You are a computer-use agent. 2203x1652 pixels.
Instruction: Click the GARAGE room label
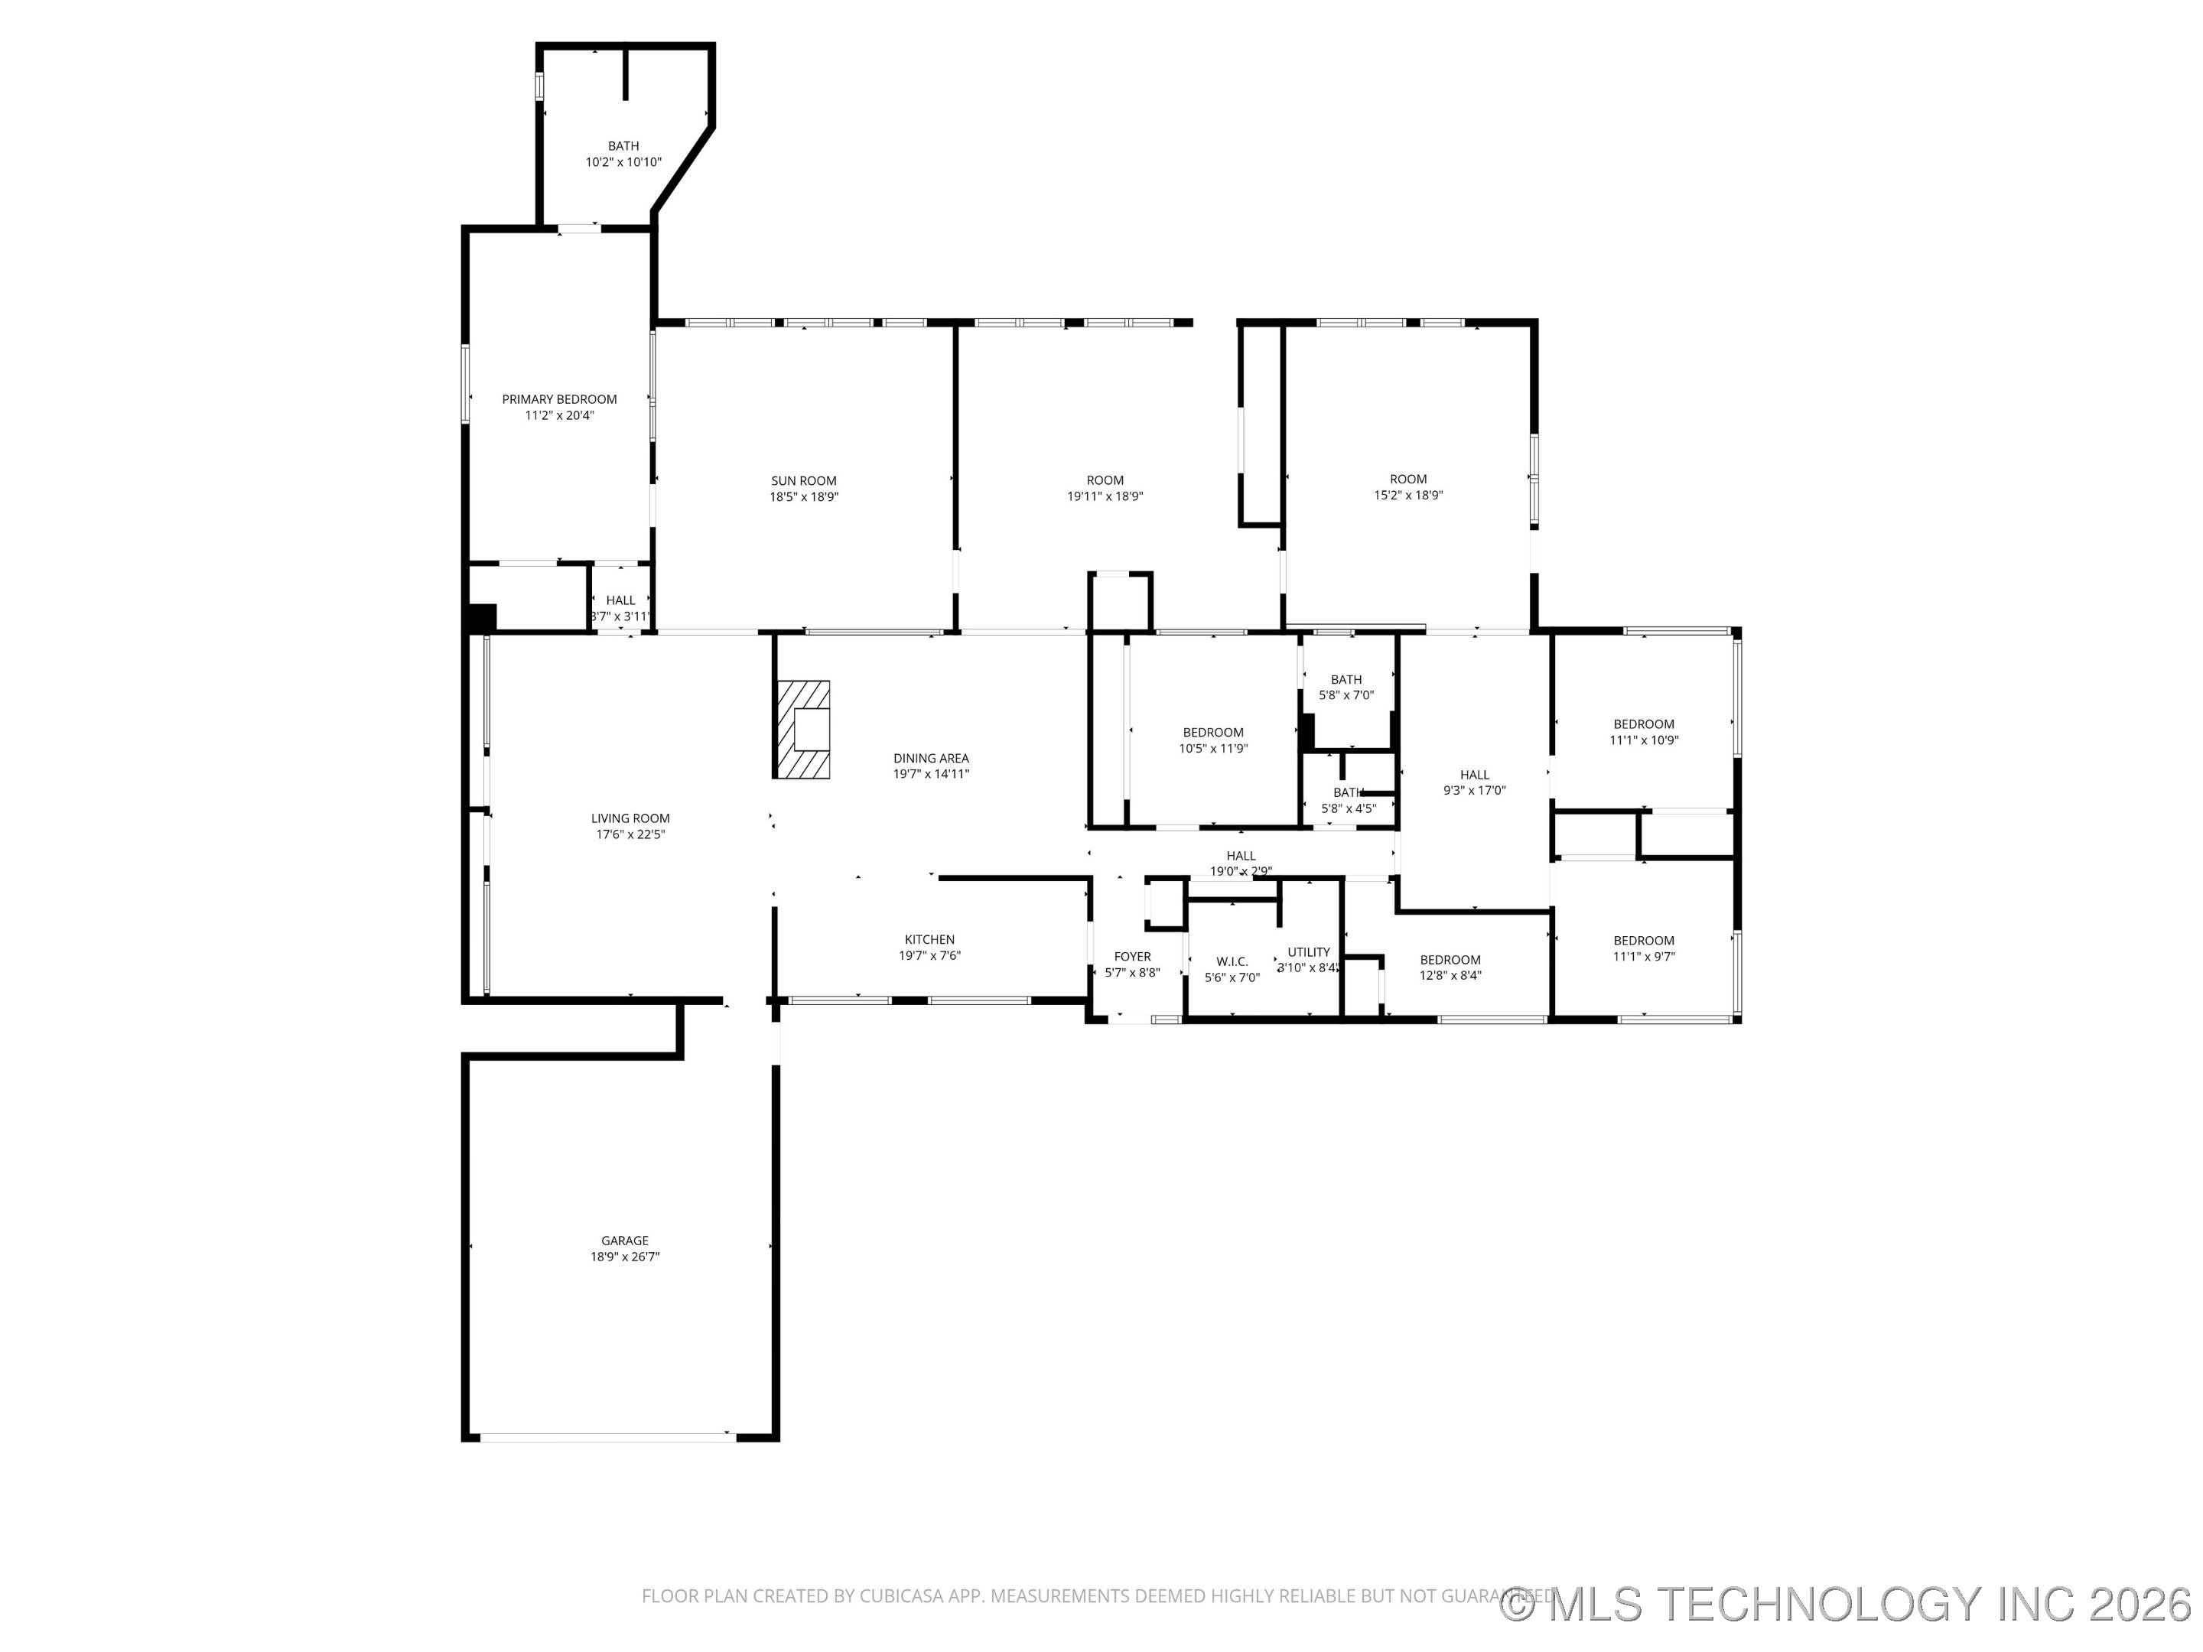tap(624, 1241)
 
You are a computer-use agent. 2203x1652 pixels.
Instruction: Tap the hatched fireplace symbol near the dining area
tap(802, 730)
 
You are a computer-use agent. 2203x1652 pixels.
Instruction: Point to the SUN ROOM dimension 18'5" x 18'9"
tap(804, 497)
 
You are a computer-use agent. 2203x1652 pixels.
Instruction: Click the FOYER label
tap(1132, 957)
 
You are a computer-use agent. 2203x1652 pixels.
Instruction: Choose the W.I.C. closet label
tap(1232, 962)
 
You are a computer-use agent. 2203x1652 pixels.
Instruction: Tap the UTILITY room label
tap(1309, 952)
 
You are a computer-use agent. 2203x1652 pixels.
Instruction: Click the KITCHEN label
tap(929, 940)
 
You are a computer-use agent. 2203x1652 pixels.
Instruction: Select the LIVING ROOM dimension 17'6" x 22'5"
tap(630, 835)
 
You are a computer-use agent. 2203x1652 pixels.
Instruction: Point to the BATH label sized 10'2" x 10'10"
tap(623, 146)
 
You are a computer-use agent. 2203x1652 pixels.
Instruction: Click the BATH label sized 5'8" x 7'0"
tap(1346, 680)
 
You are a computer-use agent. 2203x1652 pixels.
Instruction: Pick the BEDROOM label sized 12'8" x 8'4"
tap(1450, 960)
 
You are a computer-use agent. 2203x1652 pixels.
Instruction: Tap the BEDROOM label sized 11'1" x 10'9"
tap(1643, 724)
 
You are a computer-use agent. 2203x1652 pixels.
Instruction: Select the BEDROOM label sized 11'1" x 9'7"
tap(1643, 940)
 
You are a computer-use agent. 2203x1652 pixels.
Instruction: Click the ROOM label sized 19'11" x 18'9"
tap(1105, 480)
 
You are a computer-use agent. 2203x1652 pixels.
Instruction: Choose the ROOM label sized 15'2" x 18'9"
tap(1408, 479)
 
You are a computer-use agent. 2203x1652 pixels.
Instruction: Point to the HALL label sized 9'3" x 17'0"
tap(1474, 775)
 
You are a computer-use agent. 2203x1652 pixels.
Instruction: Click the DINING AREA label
tap(930, 758)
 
